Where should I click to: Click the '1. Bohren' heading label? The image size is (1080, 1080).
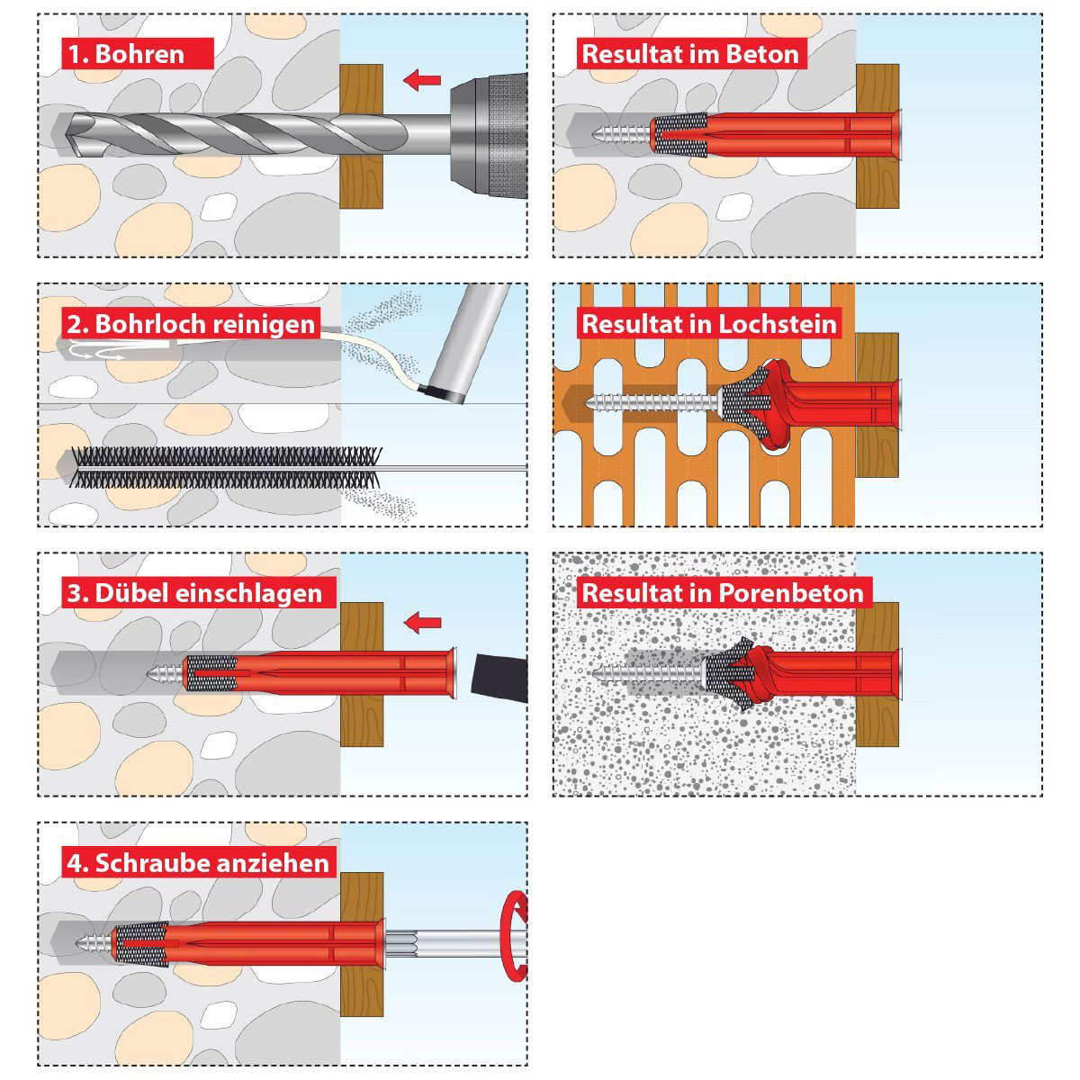pyautogui.click(x=138, y=54)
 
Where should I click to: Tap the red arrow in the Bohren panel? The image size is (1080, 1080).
pyautogui.click(x=422, y=80)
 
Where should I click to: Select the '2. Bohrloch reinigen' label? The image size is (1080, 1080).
pyautogui.click(x=191, y=324)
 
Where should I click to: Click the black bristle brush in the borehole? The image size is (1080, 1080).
pyautogui.click(x=227, y=467)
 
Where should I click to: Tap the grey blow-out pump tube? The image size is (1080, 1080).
pyautogui.click(x=466, y=342)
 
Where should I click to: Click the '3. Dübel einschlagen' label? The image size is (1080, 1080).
pyautogui.click(x=199, y=593)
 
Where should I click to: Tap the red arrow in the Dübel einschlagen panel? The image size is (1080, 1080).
pyautogui.click(x=423, y=622)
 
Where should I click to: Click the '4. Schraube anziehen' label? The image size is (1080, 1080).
pyautogui.click(x=198, y=863)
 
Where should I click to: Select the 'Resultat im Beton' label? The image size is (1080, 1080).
pyautogui.click(x=691, y=54)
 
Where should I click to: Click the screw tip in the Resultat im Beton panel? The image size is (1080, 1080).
pyautogui.click(x=593, y=134)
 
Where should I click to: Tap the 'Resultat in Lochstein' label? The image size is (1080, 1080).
pyautogui.click(x=709, y=323)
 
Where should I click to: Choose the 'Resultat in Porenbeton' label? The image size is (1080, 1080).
pyautogui.click(x=724, y=593)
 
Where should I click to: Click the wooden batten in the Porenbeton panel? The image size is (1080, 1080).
pyautogui.click(x=877, y=674)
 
